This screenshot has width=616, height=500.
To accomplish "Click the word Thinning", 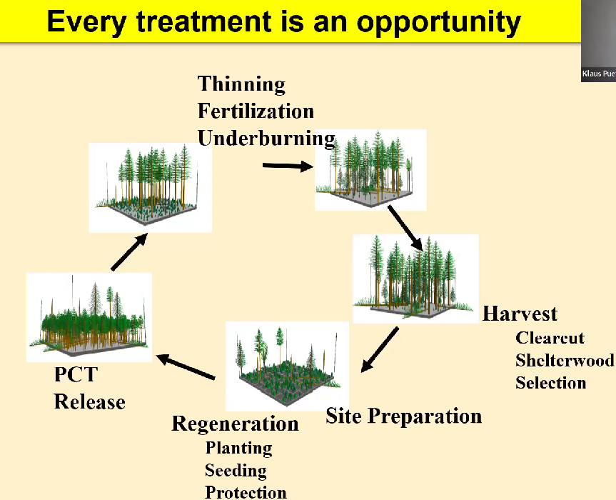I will coord(241,84).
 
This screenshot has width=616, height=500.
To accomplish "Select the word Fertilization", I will coord(256,111).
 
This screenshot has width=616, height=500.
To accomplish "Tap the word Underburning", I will coord(266,138).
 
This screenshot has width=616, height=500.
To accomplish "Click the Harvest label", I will coord(520,314).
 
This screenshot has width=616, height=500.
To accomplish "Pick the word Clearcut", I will coord(550,338).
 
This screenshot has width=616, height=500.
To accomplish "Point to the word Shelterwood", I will coord(564,360).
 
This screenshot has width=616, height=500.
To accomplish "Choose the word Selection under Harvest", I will coord(550,383).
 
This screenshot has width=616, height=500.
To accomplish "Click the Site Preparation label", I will coord(403,416).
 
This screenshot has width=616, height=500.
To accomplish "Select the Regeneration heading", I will coord(235,424).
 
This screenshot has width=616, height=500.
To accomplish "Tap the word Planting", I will coord(238,449).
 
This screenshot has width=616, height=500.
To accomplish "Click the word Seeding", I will coord(236,471).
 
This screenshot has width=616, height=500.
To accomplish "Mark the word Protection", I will coord(246,492).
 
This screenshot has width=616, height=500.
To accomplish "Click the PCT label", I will coord(76,375).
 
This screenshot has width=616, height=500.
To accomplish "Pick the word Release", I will coord(89,402).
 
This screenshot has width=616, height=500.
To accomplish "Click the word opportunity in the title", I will coord(438,22).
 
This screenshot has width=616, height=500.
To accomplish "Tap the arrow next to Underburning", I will coord(288,166).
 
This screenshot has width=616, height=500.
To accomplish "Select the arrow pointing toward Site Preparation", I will coord(380,350).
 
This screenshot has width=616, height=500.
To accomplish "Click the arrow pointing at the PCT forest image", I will coord(186,366).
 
